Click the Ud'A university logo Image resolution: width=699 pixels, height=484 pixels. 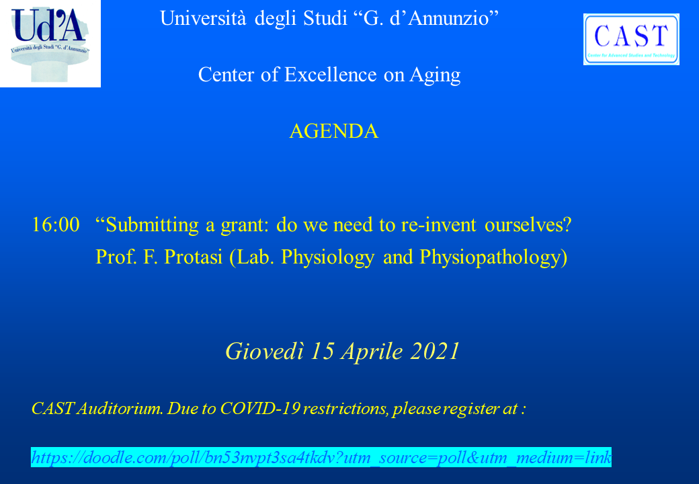click(50, 43)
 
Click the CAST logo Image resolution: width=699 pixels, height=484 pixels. click(631, 39)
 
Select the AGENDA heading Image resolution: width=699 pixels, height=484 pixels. click(334, 132)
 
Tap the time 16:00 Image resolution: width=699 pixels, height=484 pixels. click(56, 225)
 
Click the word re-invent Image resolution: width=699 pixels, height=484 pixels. click(438, 225)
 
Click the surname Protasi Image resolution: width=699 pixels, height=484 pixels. click(193, 257)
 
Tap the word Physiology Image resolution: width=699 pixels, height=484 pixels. click(328, 258)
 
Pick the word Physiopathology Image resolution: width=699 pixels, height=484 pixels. click(490, 258)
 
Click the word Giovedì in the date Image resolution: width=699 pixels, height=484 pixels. click(265, 351)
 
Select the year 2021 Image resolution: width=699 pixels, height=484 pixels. click(435, 351)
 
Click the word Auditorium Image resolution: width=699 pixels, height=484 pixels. click(120, 408)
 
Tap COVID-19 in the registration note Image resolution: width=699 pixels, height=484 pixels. click(260, 408)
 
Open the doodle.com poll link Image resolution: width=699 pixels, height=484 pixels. click(321, 457)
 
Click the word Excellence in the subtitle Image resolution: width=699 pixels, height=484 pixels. click(330, 75)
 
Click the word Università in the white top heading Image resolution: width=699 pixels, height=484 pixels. click(203, 18)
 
